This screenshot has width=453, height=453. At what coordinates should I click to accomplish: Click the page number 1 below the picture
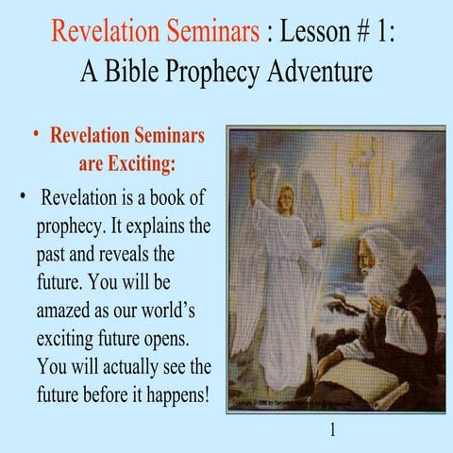click(x=333, y=430)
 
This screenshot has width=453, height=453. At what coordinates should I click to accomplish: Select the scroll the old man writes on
click(x=359, y=373)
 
